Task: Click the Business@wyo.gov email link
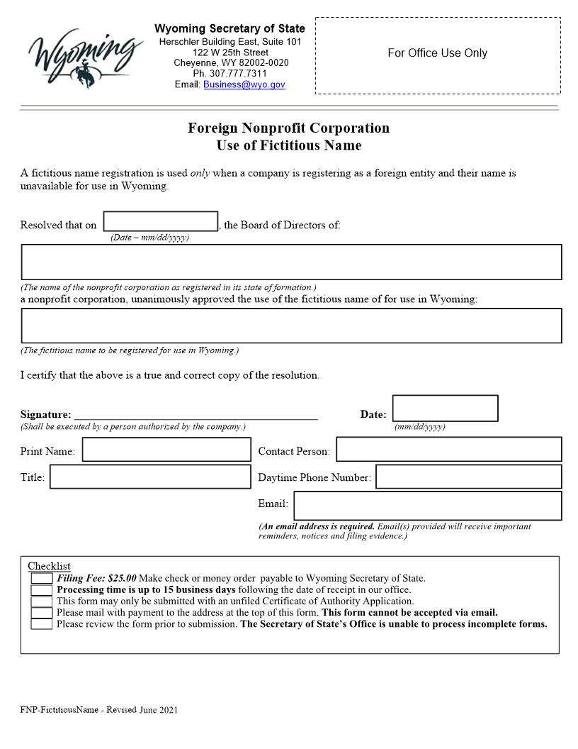pos(244,84)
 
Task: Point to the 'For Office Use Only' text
pos(437,53)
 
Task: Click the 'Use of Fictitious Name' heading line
pos(288,145)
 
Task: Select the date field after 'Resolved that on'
pos(161,221)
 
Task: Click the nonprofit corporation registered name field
pos(291,262)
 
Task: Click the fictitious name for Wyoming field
pos(291,326)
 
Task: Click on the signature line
pos(195,414)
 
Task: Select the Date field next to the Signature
pos(445,409)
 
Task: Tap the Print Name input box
pos(166,450)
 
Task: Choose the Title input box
pos(150,477)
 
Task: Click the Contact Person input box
pos(448,450)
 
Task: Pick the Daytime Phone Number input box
pos(468,477)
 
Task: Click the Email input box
pos(427,506)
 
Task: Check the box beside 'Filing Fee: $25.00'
pos(42,579)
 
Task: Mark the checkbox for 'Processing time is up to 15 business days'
pos(42,590)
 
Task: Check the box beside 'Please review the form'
pos(42,624)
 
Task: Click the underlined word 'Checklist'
pos(49,566)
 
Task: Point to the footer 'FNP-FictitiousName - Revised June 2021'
pos(98,709)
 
